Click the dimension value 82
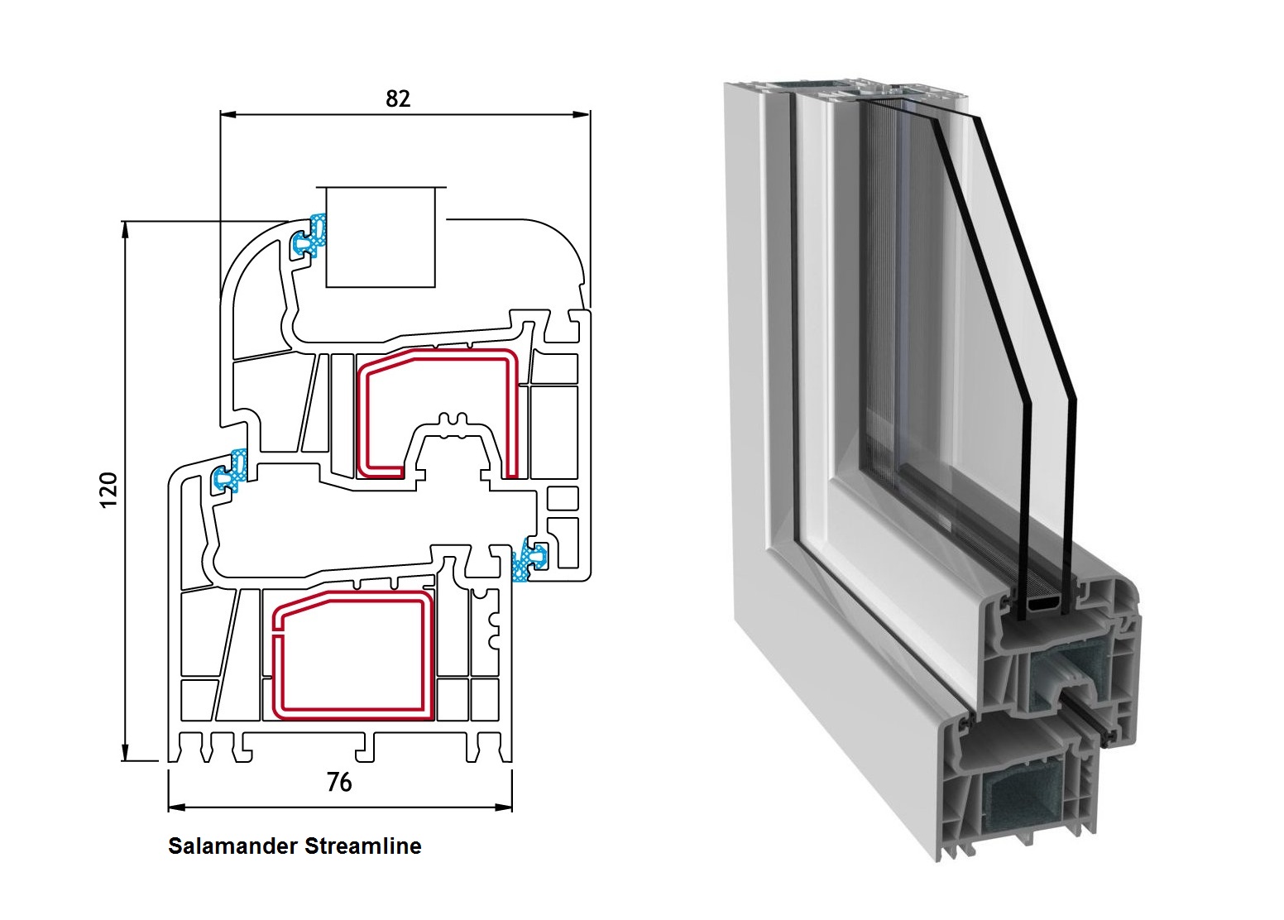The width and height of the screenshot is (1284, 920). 398,98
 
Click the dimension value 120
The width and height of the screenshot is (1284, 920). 108,491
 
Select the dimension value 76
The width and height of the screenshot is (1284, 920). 339,782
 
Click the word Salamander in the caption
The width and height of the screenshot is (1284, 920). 233,846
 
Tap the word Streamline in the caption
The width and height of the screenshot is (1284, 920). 363,846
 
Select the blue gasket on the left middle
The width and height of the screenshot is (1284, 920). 232,472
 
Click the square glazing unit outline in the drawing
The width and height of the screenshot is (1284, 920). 381,237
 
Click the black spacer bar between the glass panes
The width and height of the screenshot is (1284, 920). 1041,608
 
